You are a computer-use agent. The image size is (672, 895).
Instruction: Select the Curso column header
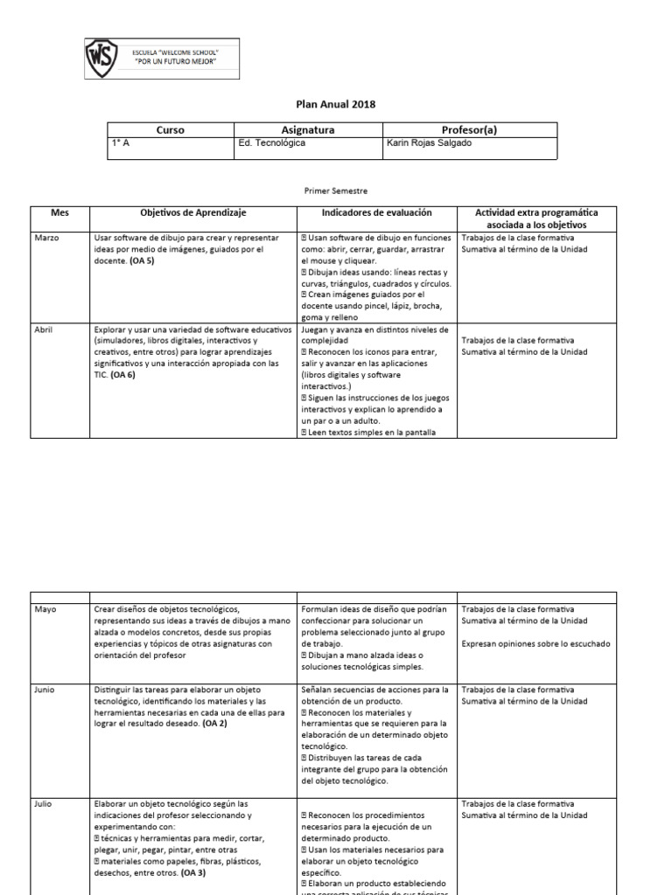pyautogui.click(x=170, y=130)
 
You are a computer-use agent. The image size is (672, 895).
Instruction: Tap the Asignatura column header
pyautogui.click(x=308, y=130)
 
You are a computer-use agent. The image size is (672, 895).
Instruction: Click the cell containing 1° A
pyautogui.click(x=120, y=143)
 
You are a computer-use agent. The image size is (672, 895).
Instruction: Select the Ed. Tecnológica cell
pyautogui.click(x=272, y=143)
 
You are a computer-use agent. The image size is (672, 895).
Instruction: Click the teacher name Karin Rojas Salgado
pyautogui.click(x=429, y=143)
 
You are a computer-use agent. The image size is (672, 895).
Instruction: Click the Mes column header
pyautogui.click(x=60, y=212)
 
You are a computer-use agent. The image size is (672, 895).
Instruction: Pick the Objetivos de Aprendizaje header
pyautogui.click(x=193, y=212)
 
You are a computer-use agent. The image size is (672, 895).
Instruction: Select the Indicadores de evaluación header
pyautogui.click(x=376, y=212)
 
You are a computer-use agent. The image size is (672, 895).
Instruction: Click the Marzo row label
pyautogui.click(x=47, y=239)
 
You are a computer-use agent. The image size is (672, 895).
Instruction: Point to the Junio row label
pyautogui.click(x=45, y=690)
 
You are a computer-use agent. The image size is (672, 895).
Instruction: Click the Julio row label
pyautogui.click(x=44, y=803)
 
